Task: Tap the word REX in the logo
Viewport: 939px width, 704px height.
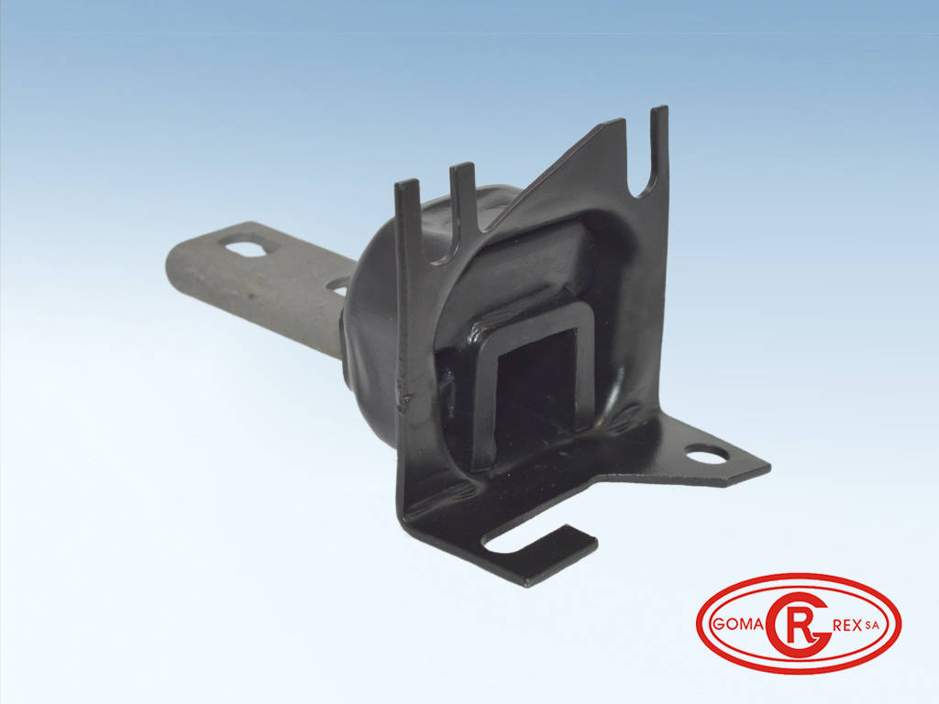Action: [x=846, y=625]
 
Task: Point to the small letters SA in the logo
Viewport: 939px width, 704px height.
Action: [x=872, y=625]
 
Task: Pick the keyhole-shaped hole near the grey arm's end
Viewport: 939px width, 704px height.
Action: [x=251, y=246]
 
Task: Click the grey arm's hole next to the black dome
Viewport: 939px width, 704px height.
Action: [x=338, y=287]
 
